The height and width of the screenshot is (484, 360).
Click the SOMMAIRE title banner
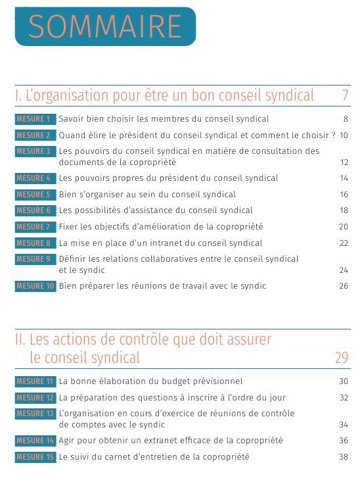click(x=105, y=26)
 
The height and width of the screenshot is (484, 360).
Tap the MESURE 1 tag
click(x=35, y=119)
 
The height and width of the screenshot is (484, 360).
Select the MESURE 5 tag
click(x=35, y=195)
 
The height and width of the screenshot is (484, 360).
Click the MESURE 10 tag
click(x=35, y=286)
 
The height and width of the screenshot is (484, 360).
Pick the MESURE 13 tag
click(x=35, y=414)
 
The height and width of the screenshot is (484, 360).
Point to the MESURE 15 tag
click(x=35, y=457)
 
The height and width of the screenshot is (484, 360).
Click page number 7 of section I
click(x=345, y=95)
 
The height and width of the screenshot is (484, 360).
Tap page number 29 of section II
click(x=342, y=358)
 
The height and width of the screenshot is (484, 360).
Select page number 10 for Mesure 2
click(x=344, y=135)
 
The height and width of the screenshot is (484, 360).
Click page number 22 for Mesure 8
click(x=344, y=243)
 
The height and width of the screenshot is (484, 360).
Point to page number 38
click(x=344, y=457)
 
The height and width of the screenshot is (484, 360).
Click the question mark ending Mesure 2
click(x=334, y=135)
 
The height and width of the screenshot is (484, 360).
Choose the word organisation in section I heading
click(x=68, y=96)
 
